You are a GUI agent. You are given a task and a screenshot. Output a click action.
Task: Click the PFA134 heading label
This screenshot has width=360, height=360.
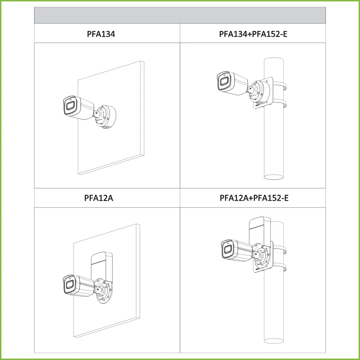click(101, 34)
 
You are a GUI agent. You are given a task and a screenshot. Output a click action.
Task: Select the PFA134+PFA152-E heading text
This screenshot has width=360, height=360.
click(253, 34)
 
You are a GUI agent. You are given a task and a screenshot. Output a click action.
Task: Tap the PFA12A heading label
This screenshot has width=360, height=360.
click(99, 198)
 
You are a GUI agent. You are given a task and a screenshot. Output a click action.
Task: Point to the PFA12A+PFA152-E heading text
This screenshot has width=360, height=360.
click(254, 198)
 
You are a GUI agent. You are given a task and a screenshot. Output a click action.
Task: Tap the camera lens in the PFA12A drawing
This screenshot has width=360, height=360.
click(69, 285)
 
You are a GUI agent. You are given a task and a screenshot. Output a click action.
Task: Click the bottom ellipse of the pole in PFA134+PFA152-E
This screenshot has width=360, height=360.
click(274, 177)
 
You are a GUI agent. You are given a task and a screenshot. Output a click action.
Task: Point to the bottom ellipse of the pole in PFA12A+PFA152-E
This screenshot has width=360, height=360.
click(274, 341)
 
